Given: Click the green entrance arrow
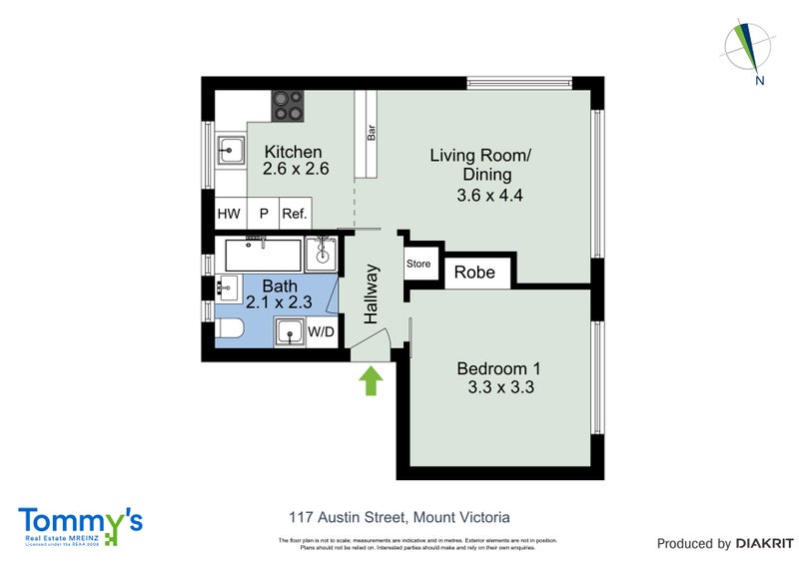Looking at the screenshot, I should coord(371,381).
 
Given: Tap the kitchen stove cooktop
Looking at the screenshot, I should coord(288,106).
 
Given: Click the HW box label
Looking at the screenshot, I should coord(229,214).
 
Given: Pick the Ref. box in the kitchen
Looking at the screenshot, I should coord(295,214).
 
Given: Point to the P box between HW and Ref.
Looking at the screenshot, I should coord(264,214).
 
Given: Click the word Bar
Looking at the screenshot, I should coord(371,132).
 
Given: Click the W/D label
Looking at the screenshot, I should coord(321,331).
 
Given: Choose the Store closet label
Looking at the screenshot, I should coord(417,265).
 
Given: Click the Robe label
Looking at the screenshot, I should coord(475,273).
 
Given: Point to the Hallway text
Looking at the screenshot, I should coord(372,294).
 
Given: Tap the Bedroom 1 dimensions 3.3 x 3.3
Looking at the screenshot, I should coord(500,387).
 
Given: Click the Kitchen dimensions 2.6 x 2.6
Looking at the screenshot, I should coord(296,170).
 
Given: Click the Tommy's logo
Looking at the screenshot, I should coord(80,524).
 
